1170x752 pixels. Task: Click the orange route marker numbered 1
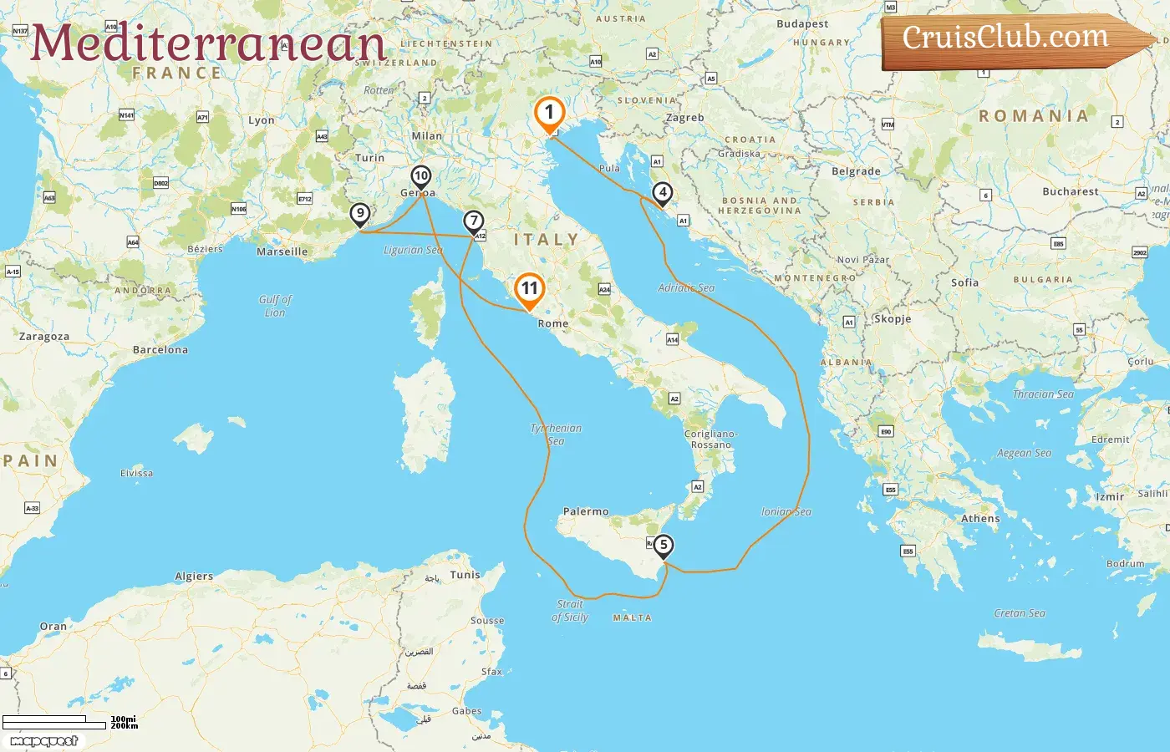[549, 113]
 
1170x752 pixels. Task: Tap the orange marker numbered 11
[529, 289]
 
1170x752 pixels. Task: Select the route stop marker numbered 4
[662, 193]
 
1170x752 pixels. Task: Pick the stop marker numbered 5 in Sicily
[663, 546]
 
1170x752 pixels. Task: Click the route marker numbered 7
[474, 221]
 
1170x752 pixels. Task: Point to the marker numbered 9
[360, 214]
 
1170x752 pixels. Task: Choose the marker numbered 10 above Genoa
[420, 176]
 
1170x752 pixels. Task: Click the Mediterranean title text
[208, 43]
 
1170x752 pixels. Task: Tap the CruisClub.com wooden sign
[1011, 39]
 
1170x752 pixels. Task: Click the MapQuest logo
[44, 741]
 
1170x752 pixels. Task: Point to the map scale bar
[54, 722]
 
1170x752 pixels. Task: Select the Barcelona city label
[160, 350]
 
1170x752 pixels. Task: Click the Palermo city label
[586, 511]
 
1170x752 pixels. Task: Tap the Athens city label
[980, 519]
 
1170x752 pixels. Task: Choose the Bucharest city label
[1071, 191]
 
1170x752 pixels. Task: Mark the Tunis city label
[465, 575]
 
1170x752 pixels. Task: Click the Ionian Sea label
[786, 512]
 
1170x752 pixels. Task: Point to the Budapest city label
[802, 24]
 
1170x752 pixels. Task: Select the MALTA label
[632, 618]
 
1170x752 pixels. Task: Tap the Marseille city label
[282, 252]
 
